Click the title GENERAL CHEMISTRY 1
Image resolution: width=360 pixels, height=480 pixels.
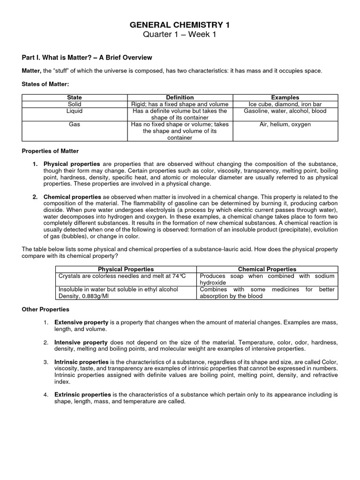(x=180, y=25)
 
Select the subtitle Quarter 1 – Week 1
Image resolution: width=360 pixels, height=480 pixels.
(x=180, y=35)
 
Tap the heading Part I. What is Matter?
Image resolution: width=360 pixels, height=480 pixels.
(x=87, y=58)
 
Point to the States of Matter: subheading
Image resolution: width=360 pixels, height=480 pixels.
(x=45, y=84)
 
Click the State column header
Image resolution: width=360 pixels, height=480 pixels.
(x=75, y=97)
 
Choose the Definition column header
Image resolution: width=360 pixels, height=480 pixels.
(x=180, y=97)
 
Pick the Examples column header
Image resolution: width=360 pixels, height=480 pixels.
(x=285, y=97)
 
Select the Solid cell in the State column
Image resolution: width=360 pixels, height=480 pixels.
(x=75, y=104)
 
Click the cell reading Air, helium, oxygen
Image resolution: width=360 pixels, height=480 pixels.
(x=285, y=125)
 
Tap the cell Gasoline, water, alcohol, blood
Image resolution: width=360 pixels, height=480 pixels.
(x=285, y=111)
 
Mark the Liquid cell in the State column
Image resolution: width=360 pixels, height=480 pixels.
(x=75, y=111)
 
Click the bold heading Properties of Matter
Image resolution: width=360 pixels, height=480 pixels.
(x=51, y=151)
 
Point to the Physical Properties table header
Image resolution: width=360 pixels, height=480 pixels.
(x=126, y=269)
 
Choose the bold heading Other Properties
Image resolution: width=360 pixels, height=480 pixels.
(x=45, y=309)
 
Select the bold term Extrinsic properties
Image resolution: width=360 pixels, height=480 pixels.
(x=83, y=395)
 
